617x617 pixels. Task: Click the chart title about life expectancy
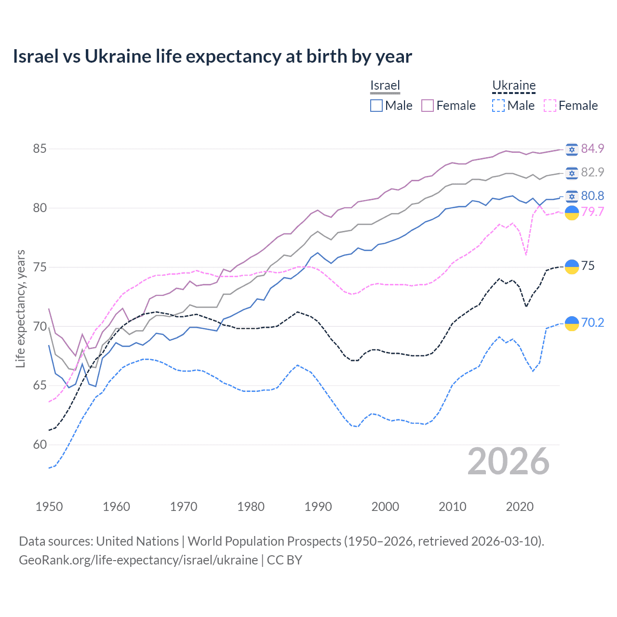point(212,56)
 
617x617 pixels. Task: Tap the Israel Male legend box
point(376,106)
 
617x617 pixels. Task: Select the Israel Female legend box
point(428,106)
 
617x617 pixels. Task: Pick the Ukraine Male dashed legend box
point(498,106)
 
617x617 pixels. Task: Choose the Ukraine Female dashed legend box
point(550,106)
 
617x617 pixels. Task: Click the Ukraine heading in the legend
point(514,86)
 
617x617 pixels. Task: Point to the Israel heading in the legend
point(385,85)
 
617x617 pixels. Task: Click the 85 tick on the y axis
point(40,148)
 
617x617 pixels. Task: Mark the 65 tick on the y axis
point(40,385)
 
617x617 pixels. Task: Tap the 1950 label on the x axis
point(49,507)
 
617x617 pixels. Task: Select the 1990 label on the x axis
point(318,507)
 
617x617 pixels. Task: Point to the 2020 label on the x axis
point(520,507)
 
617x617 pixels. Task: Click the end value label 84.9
point(592,148)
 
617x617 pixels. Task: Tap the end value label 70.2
point(592,322)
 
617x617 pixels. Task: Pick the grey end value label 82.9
point(592,172)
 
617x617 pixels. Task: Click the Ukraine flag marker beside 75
point(572,267)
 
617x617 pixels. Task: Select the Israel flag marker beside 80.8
point(572,196)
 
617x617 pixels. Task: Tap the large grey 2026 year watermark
point(509,461)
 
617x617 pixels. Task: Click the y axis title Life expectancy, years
point(20,308)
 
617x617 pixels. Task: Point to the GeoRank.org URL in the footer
point(138,560)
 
